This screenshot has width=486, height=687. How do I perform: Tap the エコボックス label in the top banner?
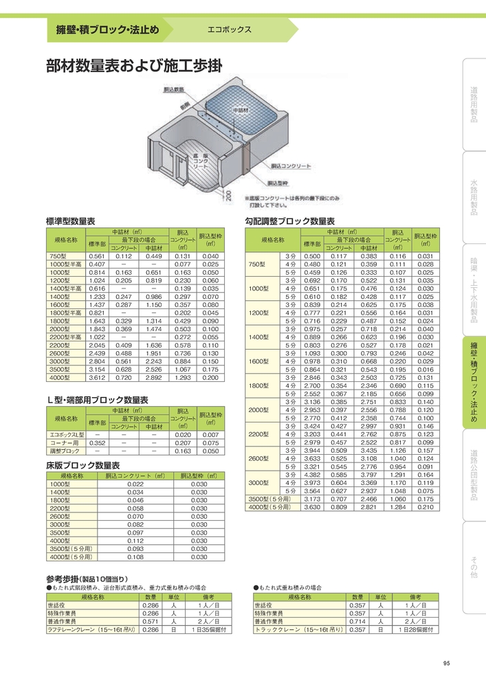[230, 30]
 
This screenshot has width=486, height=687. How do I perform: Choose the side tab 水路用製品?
[474, 198]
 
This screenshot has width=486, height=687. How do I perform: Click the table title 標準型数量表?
[70, 222]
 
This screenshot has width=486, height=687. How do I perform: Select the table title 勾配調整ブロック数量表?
[290, 222]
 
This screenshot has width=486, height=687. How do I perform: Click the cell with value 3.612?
[97, 378]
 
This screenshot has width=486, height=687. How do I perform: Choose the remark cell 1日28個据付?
[415, 629]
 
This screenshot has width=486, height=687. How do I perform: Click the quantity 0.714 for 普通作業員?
[358, 620]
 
